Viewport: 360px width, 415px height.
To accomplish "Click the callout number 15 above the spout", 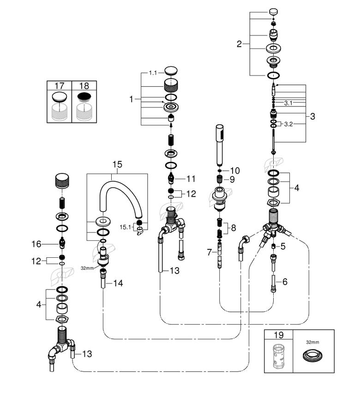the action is [117, 164].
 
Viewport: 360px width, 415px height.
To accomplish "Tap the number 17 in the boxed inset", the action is [60, 86].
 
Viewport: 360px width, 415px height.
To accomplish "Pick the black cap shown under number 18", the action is [84, 97].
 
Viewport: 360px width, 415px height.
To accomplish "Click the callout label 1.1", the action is [153, 73].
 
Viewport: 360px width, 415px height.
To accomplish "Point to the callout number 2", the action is [239, 44].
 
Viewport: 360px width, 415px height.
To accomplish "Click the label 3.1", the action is [288, 103].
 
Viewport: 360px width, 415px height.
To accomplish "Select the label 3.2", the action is [288, 124].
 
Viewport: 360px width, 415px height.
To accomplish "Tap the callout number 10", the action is [235, 171].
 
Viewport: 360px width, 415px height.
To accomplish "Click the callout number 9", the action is [232, 179].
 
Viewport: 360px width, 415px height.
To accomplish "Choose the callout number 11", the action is [191, 179].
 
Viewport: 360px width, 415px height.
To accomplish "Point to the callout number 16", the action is [36, 244].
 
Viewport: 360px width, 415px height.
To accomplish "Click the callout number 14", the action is [118, 283].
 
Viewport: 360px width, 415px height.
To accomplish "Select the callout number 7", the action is [209, 252].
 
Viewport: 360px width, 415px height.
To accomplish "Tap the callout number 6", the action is [285, 282].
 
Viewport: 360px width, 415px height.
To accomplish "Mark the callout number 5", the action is [283, 246].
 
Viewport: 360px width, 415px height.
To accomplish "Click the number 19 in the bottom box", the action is [278, 335].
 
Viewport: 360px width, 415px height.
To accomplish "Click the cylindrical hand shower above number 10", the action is [220, 145].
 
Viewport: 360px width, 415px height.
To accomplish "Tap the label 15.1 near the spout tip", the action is [125, 227].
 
